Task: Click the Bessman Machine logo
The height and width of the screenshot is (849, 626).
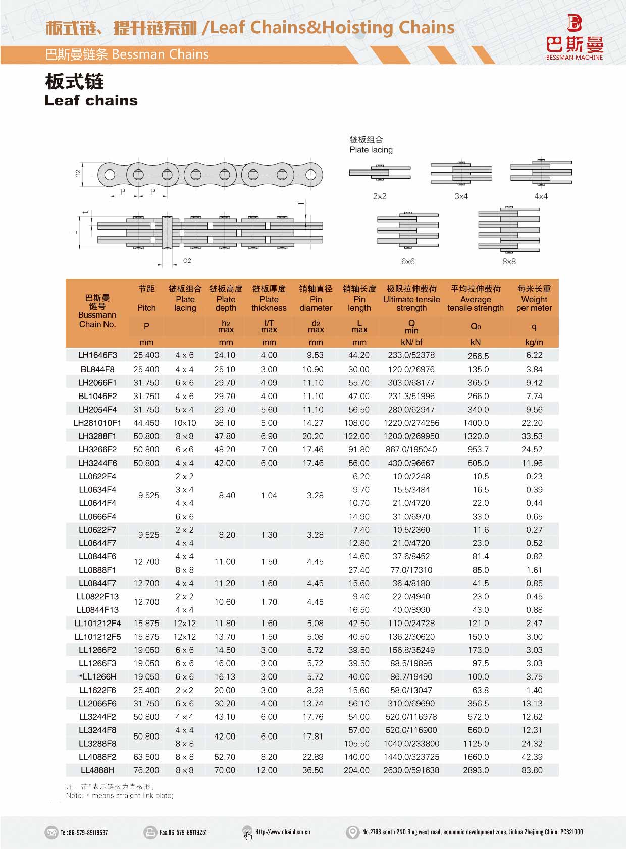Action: pyautogui.click(x=575, y=37)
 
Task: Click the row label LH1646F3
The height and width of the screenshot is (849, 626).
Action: pyautogui.click(x=97, y=355)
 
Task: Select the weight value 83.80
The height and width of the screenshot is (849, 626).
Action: pyautogui.click(x=532, y=770)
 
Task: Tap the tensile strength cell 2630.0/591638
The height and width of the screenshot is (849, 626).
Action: pyautogui.click(x=411, y=770)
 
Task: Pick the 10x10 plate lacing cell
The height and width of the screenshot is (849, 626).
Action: pyautogui.click(x=185, y=423)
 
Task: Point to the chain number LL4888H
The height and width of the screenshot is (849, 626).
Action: pyautogui.click(x=97, y=770)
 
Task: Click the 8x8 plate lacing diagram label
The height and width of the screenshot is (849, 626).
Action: pyautogui.click(x=509, y=261)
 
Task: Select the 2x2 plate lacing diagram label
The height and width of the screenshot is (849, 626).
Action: pyautogui.click(x=380, y=196)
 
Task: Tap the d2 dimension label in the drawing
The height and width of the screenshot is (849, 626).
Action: pyautogui.click(x=187, y=260)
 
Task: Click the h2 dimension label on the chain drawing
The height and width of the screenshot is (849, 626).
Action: pyautogui.click(x=77, y=173)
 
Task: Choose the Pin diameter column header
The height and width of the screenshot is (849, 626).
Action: pyautogui.click(x=316, y=298)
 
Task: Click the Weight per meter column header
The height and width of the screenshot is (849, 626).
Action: pyautogui.click(x=534, y=298)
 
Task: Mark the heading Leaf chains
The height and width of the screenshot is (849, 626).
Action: pyautogui.click(x=91, y=100)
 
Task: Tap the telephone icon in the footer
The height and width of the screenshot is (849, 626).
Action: pyautogui.click(x=51, y=832)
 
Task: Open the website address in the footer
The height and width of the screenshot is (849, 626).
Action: pyautogui.click(x=283, y=832)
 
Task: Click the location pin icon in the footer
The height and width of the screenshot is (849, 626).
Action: pyautogui.click(x=352, y=832)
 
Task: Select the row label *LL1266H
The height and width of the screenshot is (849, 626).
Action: pyautogui.click(x=97, y=677)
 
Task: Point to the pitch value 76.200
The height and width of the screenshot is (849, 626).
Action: pyautogui.click(x=146, y=770)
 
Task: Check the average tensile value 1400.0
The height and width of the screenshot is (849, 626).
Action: pyautogui.click(x=476, y=423)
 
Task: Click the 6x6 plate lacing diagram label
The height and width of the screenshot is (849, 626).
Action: pyautogui.click(x=408, y=261)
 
